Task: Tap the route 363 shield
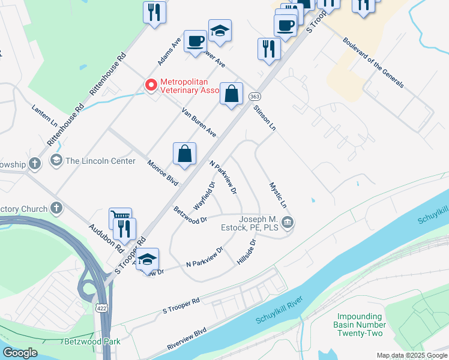[255, 97]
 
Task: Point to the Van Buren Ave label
[199, 122]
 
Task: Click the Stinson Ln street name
[264, 118]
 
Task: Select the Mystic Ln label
[278, 196]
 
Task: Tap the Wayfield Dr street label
[204, 196]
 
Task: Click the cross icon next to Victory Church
[56, 208]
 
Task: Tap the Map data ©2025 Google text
[411, 355]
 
